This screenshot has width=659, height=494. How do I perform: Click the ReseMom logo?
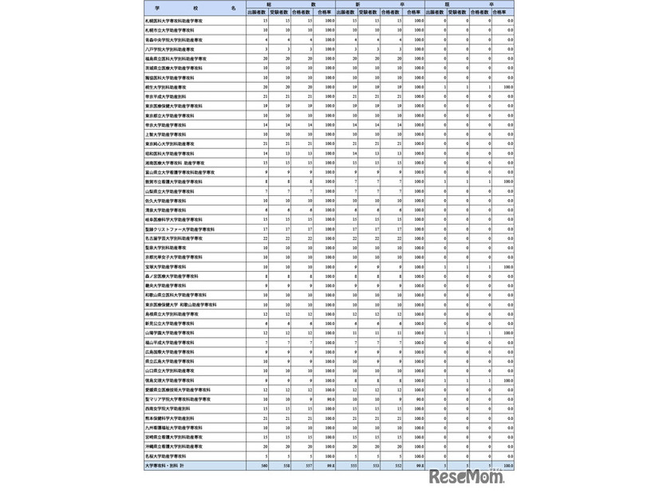tap(470, 476)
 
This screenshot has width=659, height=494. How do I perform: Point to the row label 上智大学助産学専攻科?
tap(164, 134)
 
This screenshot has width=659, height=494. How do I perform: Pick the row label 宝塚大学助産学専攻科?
tap(164, 266)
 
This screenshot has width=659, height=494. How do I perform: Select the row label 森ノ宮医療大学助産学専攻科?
tap(168, 276)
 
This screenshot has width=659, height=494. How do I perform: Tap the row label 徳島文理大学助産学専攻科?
tap(168, 380)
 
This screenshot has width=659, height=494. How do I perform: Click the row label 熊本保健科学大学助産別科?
tap(168, 418)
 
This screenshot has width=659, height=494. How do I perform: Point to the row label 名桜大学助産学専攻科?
tap(164, 456)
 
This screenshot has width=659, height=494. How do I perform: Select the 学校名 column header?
tap(191, 7)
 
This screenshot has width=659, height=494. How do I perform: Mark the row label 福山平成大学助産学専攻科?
tap(167, 342)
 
